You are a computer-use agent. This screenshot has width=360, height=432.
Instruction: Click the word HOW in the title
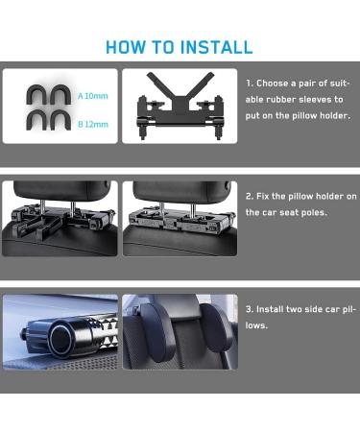(126, 47)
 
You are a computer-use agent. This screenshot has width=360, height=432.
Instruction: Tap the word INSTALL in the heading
(216, 47)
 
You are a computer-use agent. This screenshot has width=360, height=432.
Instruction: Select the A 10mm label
(93, 96)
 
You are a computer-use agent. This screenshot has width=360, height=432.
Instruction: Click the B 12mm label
(93, 124)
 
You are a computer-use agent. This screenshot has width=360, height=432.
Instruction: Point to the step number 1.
(250, 84)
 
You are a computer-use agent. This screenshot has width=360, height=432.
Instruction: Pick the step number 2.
(250, 196)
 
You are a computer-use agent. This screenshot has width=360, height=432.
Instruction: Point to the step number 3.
(250, 309)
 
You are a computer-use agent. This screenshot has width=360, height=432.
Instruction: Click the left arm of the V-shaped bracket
(159, 84)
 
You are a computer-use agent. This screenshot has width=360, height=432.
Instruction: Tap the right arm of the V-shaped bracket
(200, 84)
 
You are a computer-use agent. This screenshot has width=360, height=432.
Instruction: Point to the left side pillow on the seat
(154, 332)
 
